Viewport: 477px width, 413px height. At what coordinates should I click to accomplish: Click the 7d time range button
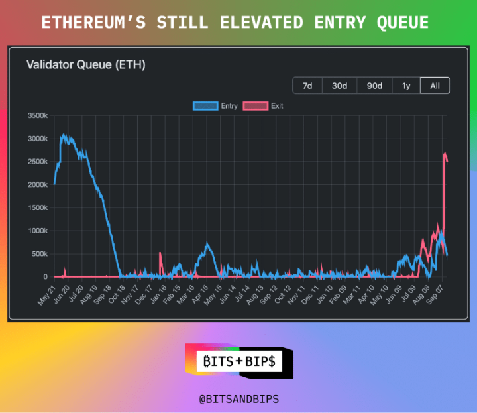pyautogui.click(x=307, y=86)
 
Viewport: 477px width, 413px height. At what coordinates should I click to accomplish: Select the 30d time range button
pyautogui.click(x=339, y=86)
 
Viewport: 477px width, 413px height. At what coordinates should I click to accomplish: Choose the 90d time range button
pyautogui.click(x=374, y=86)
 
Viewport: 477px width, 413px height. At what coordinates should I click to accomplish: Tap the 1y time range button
pyautogui.click(x=406, y=86)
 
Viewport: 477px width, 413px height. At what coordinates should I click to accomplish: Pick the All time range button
pyautogui.click(x=435, y=86)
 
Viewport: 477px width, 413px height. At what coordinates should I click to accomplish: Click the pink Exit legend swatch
pyautogui.click(x=256, y=106)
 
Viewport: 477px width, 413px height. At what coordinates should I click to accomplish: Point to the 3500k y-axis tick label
pyautogui.click(x=36, y=116)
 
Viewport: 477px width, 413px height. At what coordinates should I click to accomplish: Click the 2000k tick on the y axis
pyautogui.click(x=36, y=185)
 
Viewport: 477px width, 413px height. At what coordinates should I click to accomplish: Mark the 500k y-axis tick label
pyautogui.click(x=38, y=254)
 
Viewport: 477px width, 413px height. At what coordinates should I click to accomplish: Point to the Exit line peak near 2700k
pyautogui.click(x=445, y=154)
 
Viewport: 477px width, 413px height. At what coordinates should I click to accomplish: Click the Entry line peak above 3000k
pyautogui.click(x=64, y=135)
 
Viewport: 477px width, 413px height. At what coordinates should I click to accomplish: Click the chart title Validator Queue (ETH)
pyautogui.click(x=85, y=64)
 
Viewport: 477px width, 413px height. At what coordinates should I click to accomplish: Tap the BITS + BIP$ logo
pyautogui.click(x=238, y=361)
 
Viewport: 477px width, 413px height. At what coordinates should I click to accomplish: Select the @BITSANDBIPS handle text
pyautogui.click(x=238, y=400)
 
